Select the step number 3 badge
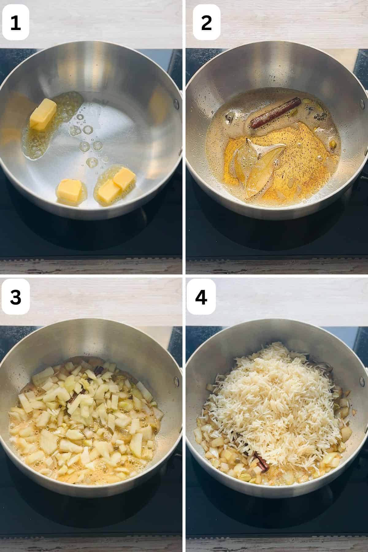pyautogui.click(x=16, y=297)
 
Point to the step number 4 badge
pyautogui.click(x=201, y=297)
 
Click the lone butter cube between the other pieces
pyautogui.click(x=70, y=190)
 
